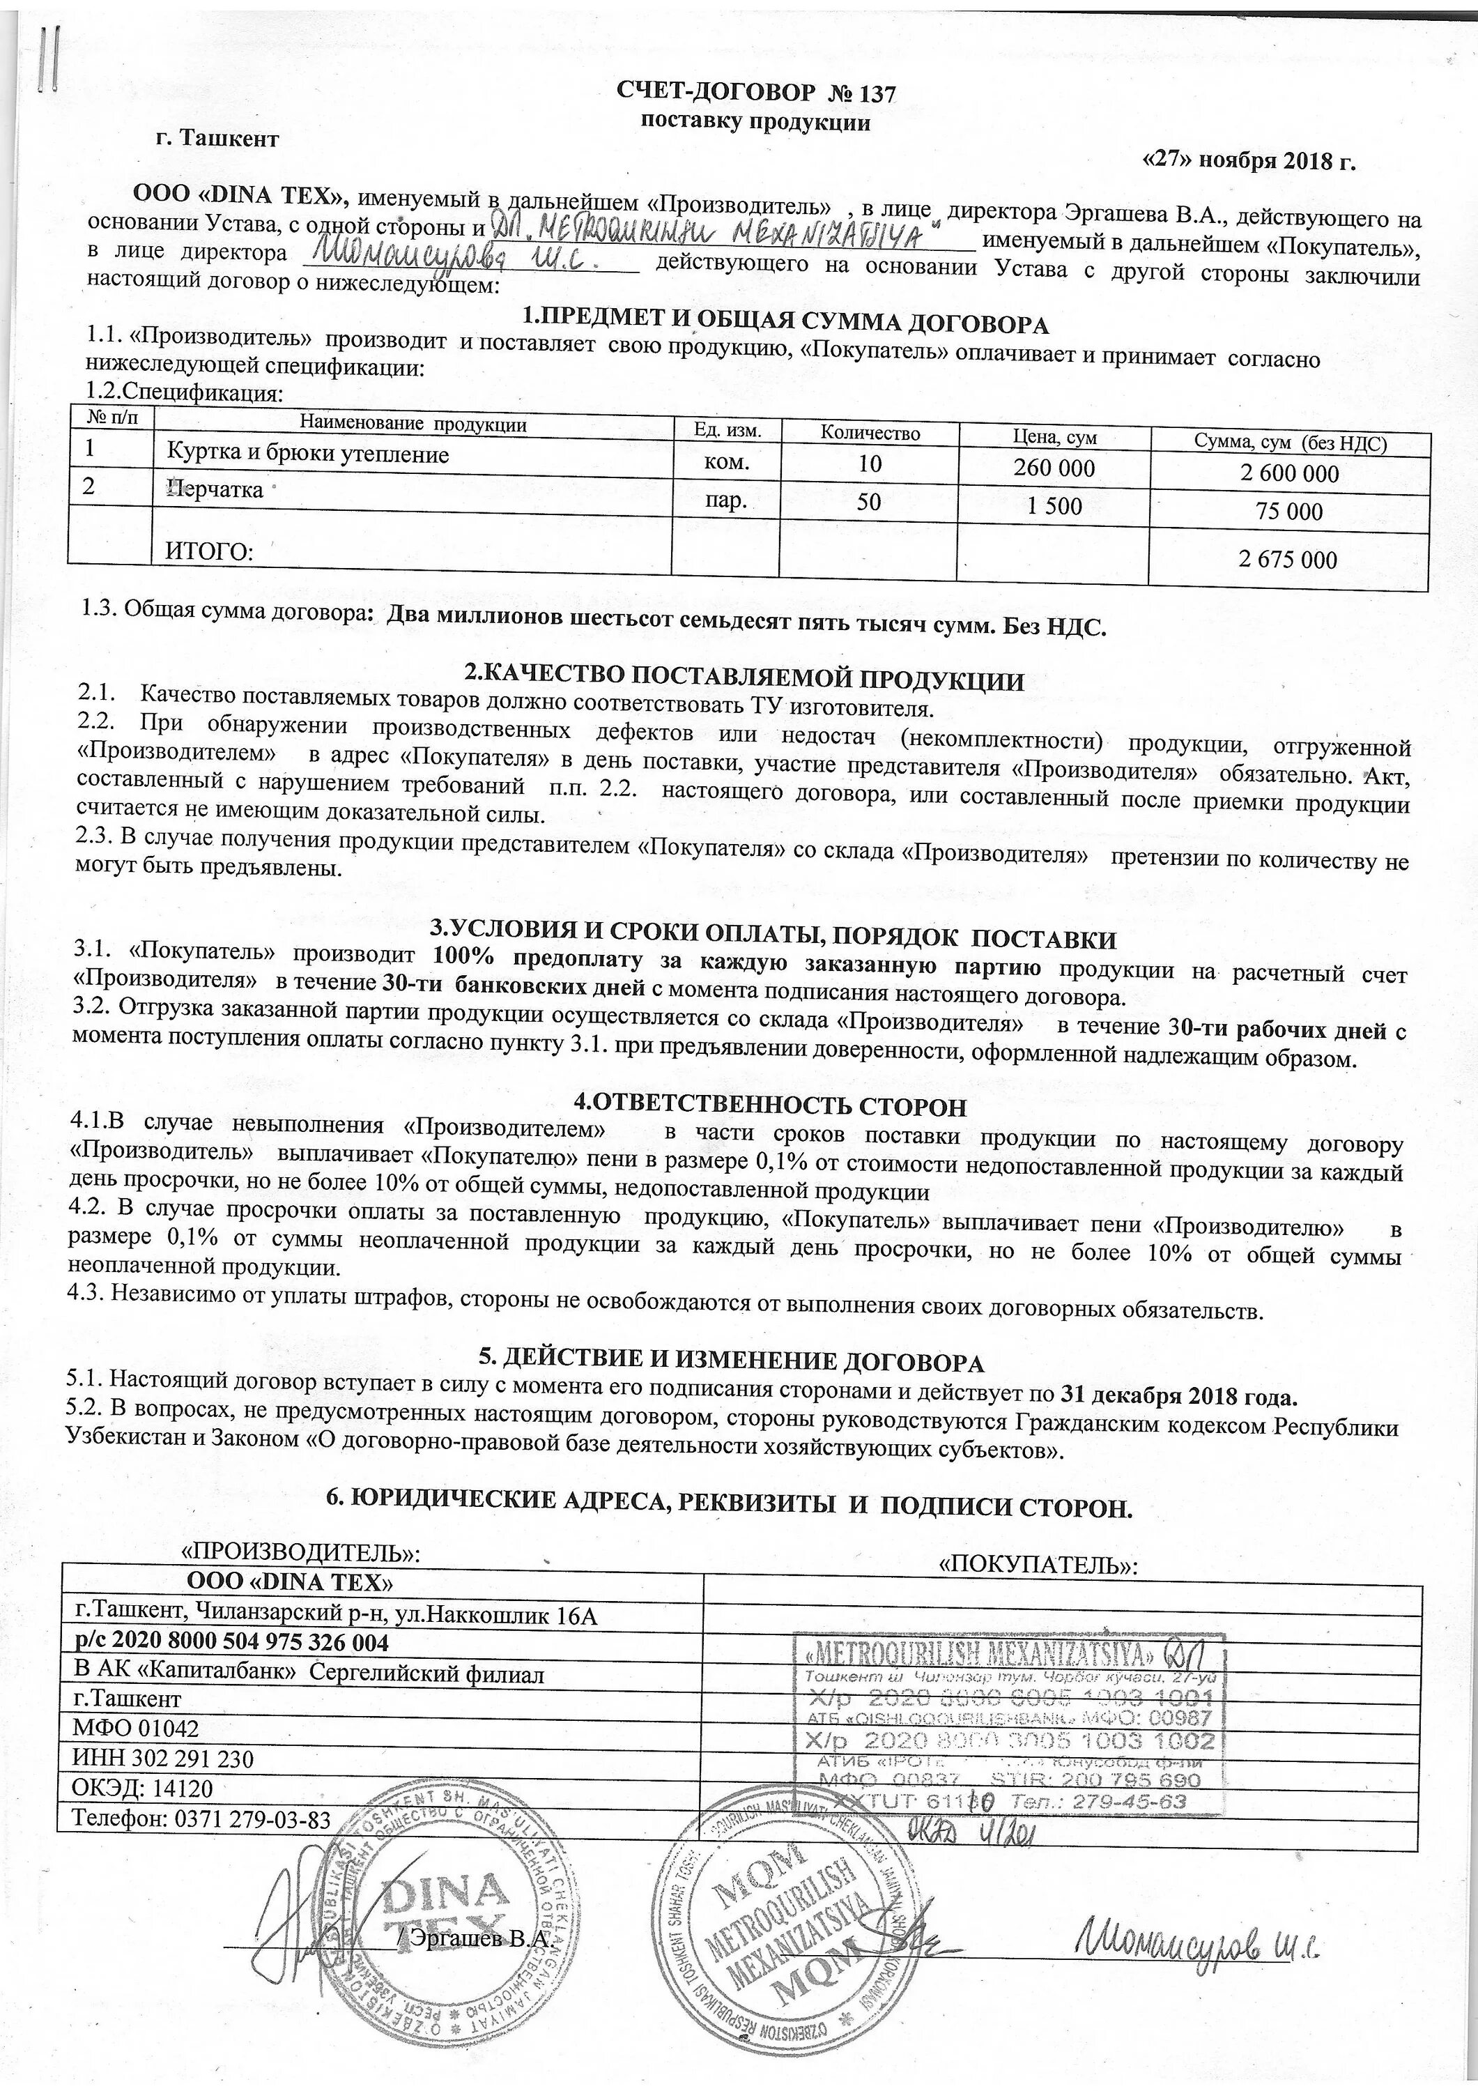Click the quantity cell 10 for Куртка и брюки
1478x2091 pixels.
[869, 463]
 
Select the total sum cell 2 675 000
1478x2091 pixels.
[1287, 559]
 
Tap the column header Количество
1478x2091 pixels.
[869, 434]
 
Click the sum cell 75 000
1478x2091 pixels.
[1288, 512]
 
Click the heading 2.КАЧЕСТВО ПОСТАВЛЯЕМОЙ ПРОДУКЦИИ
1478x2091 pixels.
[744, 678]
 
